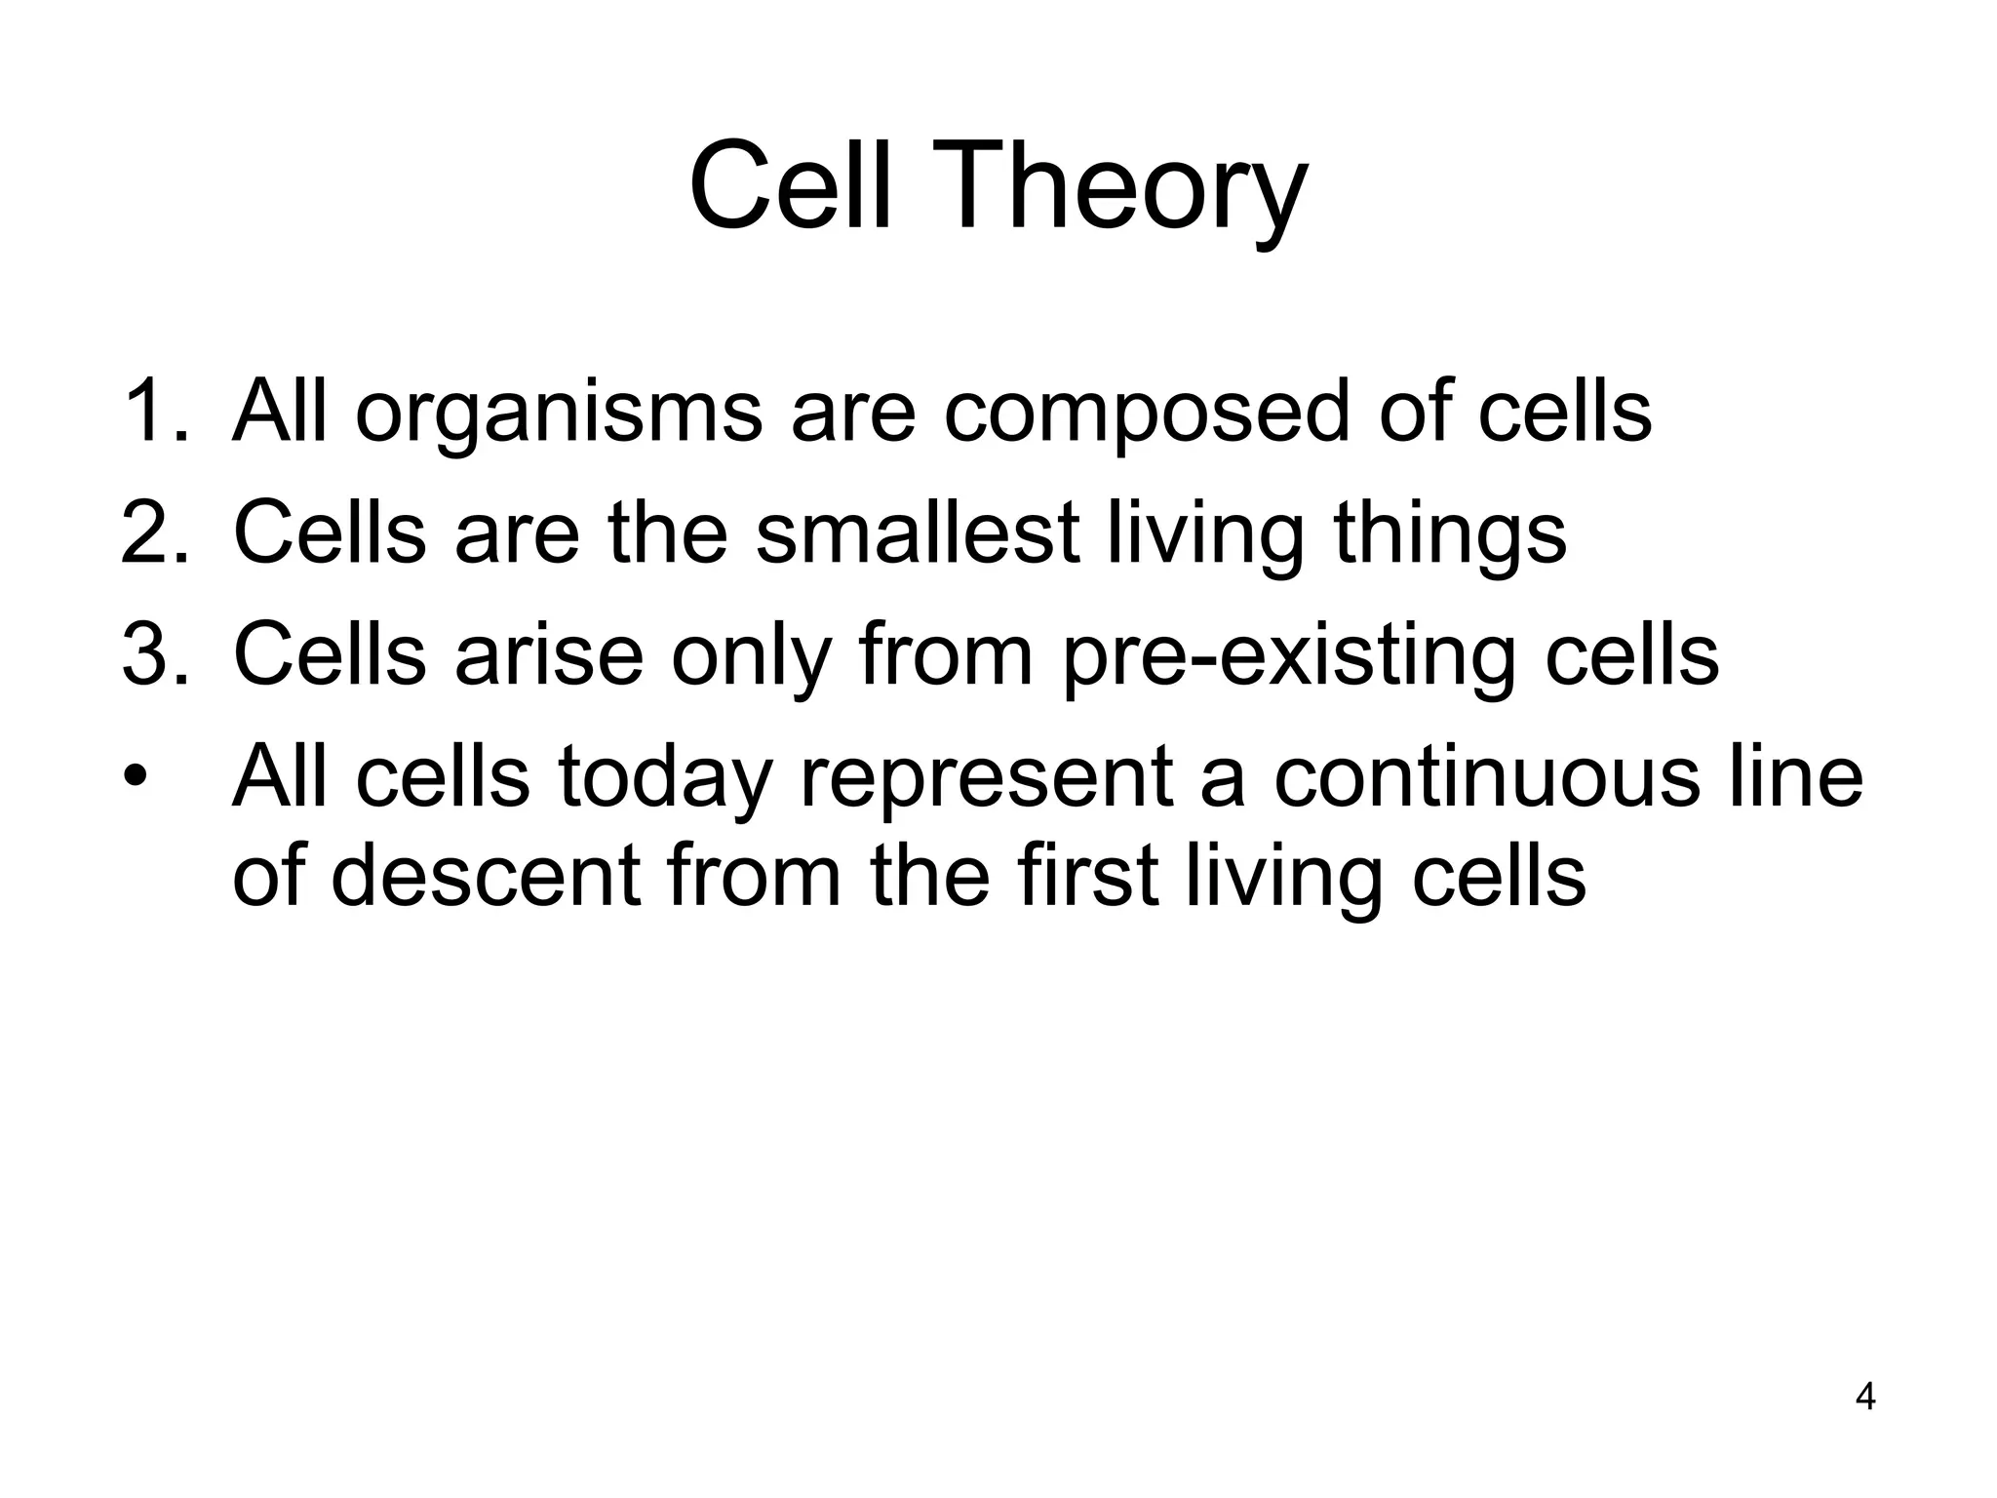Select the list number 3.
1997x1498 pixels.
coord(153,654)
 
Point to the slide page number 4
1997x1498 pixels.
coord(1864,1397)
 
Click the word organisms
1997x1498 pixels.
coord(558,414)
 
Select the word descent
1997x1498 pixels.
coord(485,875)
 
